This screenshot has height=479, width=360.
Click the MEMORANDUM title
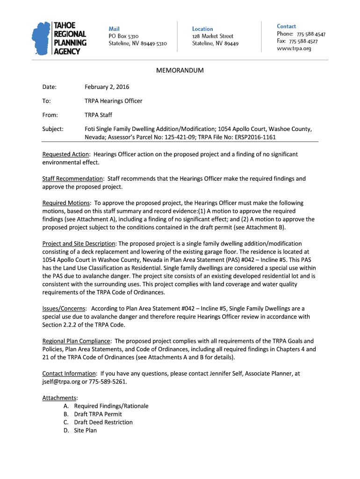click(180, 71)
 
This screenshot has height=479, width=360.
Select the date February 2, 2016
click(107, 87)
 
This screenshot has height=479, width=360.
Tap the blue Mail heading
click(114, 29)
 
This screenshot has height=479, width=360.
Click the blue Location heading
click(202, 29)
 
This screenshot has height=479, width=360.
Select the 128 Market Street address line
click(213, 36)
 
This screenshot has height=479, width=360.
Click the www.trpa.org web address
click(294, 49)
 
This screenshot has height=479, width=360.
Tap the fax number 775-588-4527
click(303, 41)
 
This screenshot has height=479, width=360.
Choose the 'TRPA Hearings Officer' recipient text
click(113, 101)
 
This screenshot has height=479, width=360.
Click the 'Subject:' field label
click(53, 129)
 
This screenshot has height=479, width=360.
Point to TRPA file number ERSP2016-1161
click(252, 138)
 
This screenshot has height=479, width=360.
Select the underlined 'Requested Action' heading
click(65, 154)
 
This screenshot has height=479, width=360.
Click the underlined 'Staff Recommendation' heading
click(72, 179)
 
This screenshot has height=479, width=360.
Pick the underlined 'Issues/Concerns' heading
click(64, 309)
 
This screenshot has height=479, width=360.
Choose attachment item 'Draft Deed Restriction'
click(103, 422)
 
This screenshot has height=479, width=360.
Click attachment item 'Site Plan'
click(85, 430)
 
